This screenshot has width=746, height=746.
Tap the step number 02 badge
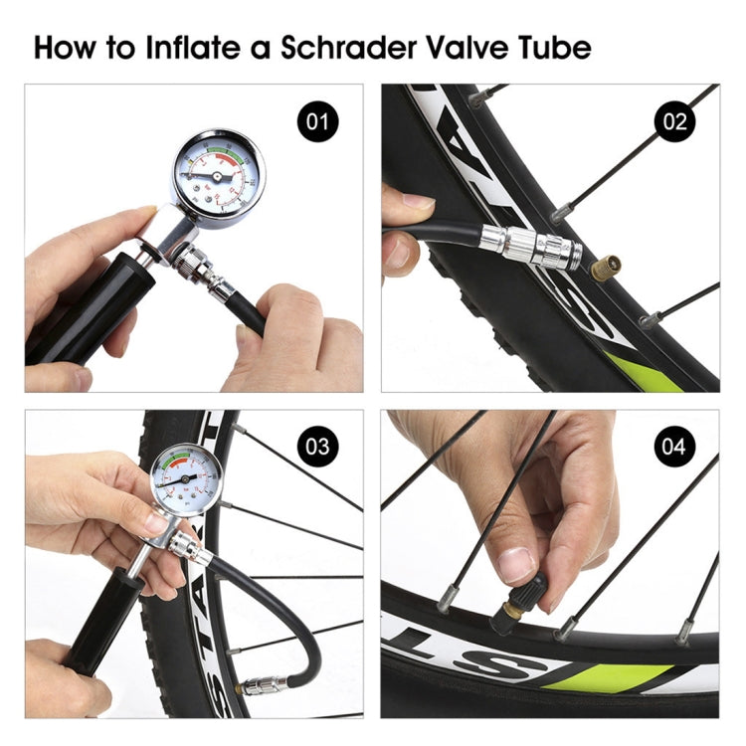point(675,123)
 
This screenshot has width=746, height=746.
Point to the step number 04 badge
point(675,447)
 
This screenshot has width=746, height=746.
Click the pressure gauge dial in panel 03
point(187,481)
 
